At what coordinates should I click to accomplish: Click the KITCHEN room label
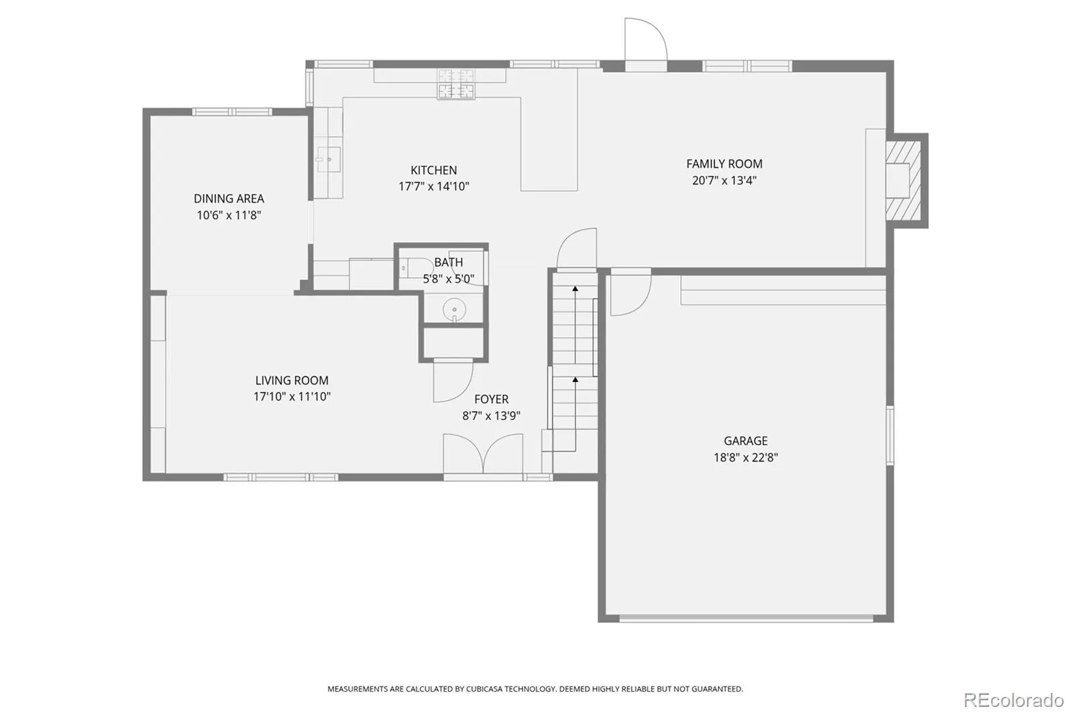pyautogui.click(x=434, y=170)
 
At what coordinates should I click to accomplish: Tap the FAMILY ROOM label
pyautogui.click(x=724, y=164)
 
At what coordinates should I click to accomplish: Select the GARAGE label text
pyautogui.click(x=746, y=441)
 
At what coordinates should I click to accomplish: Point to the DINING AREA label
pyautogui.click(x=228, y=199)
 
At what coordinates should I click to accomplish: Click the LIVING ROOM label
pyautogui.click(x=292, y=381)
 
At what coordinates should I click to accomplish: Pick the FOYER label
pyautogui.click(x=491, y=399)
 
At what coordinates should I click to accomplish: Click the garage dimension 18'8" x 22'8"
pyautogui.click(x=746, y=457)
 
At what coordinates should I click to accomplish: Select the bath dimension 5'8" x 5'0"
pyautogui.click(x=448, y=279)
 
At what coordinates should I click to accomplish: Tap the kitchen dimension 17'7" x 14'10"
pyautogui.click(x=434, y=187)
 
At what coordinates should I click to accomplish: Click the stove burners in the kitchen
pyautogui.click(x=456, y=84)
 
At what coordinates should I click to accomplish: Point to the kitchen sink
pyautogui.click(x=328, y=159)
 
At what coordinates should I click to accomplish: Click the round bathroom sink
pyautogui.click(x=455, y=310)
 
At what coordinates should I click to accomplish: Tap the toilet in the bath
pyautogui.click(x=416, y=268)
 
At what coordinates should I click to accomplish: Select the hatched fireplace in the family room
pyautogui.click(x=903, y=181)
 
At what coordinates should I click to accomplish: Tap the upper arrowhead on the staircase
pyautogui.click(x=575, y=289)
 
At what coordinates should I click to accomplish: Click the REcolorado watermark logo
pyautogui.click(x=1013, y=700)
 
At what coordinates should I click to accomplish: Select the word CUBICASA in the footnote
pyautogui.click(x=485, y=689)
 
